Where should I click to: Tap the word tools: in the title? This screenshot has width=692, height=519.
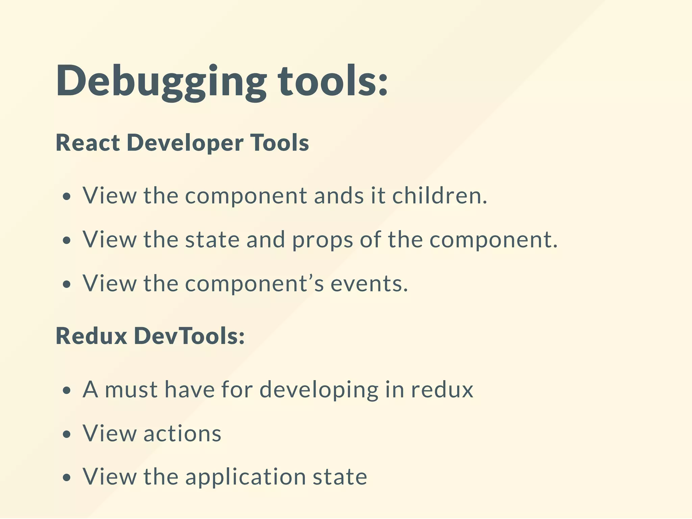[333, 81]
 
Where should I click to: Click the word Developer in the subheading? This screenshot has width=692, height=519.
[185, 143]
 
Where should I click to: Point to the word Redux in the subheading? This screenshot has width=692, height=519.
[91, 336]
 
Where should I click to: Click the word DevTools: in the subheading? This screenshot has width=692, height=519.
[189, 336]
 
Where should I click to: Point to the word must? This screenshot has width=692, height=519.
[131, 389]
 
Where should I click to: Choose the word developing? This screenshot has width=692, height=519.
[319, 390]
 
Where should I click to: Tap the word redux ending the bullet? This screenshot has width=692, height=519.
[442, 389]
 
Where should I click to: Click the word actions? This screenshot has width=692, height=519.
[182, 433]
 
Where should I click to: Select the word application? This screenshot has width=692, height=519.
[245, 477]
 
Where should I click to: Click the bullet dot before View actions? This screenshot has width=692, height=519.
[67, 434]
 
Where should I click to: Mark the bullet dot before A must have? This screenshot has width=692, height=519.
[67, 391]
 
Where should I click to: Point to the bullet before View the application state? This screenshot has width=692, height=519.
[67, 477]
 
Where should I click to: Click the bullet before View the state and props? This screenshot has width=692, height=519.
[67, 240]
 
